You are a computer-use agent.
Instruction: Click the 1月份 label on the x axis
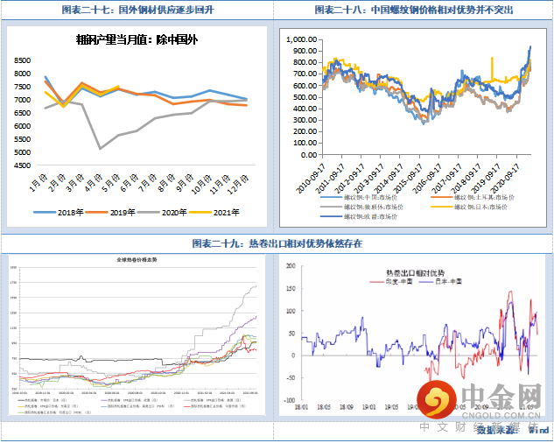point(38,185)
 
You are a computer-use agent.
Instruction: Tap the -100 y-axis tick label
point(291,399)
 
